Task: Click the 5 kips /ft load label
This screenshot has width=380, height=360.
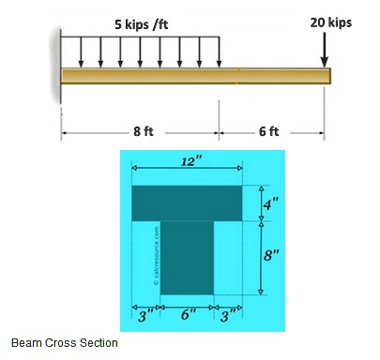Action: [x=143, y=22]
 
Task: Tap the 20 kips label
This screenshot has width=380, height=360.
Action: [x=331, y=22]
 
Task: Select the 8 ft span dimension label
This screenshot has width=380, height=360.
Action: [x=143, y=131]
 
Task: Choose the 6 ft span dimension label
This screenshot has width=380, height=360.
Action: [x=268, y=131]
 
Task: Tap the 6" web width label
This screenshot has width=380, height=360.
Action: [x=188, y=314]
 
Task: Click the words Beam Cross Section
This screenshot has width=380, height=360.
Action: [x=65, y=343]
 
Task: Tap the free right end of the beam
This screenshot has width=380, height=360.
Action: [x=328, y=76]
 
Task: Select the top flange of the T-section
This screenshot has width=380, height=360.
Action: [x=188, y=202]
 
